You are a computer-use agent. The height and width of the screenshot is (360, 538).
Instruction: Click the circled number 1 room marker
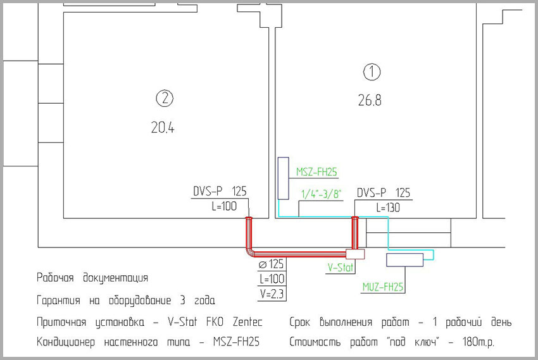(372, 72)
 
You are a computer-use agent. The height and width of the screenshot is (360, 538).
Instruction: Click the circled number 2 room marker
(165, 99)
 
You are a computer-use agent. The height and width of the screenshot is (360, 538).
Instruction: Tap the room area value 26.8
(370, 101)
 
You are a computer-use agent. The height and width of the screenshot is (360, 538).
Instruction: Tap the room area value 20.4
(163, 128)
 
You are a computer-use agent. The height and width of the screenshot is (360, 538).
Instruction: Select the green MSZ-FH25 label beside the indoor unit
(316, 171)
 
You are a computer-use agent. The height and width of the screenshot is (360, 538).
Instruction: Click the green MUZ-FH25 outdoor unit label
(383, 287)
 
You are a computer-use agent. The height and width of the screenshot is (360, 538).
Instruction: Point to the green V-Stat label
(341, 268)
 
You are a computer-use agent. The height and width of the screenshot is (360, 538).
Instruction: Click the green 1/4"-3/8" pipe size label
(321, 194)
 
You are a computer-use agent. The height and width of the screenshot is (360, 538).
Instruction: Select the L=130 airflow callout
(388, 208)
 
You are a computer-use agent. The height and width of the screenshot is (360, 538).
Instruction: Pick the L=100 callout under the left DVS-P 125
(225, 206)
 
